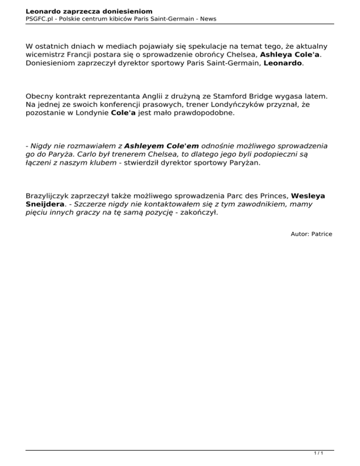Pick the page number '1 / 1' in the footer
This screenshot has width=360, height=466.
318,454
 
